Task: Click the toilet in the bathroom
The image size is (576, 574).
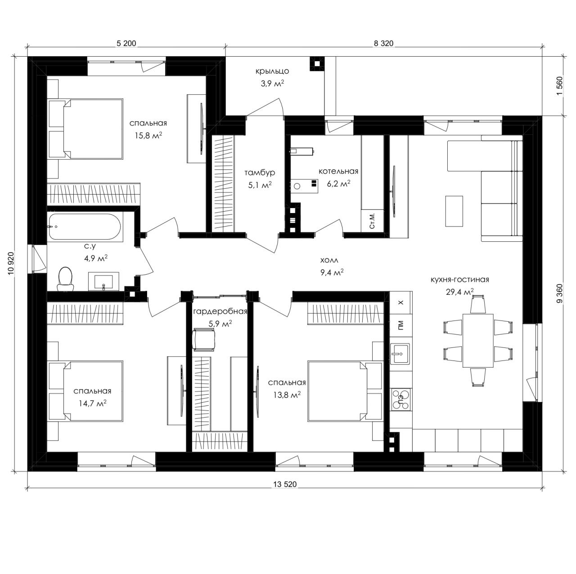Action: pos(65,279)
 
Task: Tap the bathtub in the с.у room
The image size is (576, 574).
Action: pos(85,227)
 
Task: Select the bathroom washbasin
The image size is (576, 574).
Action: pos(103,281)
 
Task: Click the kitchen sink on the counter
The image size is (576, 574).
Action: pos(400,353)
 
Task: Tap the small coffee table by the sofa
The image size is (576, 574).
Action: pos(454,211)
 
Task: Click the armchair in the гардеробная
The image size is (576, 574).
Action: pos(204,339)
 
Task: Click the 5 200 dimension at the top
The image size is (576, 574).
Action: pos(126,43)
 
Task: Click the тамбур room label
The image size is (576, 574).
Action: pos(260,173)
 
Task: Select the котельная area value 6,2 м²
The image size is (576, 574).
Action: pos(338,184)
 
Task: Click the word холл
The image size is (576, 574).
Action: pos(329,260)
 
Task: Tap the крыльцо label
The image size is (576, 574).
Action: pos(272,71)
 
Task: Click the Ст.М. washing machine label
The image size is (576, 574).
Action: pos(372,221)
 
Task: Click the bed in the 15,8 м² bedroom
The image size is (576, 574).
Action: pos(86,129)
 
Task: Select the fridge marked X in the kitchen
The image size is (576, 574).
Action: pos(401,302)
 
